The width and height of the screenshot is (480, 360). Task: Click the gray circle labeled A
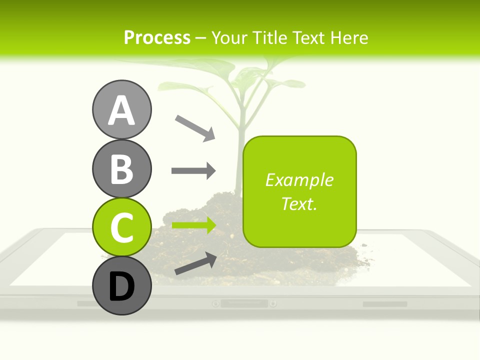(121, 109)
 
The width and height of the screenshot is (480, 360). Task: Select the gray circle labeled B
(121, 168)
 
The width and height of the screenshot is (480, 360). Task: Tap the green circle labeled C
(121, 227)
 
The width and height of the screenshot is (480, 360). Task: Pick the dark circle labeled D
(121, 286)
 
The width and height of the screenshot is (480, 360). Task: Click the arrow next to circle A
(195, 127)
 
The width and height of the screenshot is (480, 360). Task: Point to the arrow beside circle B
(193, 171)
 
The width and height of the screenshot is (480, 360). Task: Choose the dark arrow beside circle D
(195, 263)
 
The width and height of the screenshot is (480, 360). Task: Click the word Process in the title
(157, 37)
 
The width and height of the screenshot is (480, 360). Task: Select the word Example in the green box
(299, 180)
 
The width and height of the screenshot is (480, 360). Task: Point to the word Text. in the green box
(299, 203)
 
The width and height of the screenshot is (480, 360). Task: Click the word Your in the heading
(230, 37)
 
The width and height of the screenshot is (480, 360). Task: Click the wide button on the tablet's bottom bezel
(244, 303)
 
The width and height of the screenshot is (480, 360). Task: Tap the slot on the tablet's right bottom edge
(384, 304)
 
